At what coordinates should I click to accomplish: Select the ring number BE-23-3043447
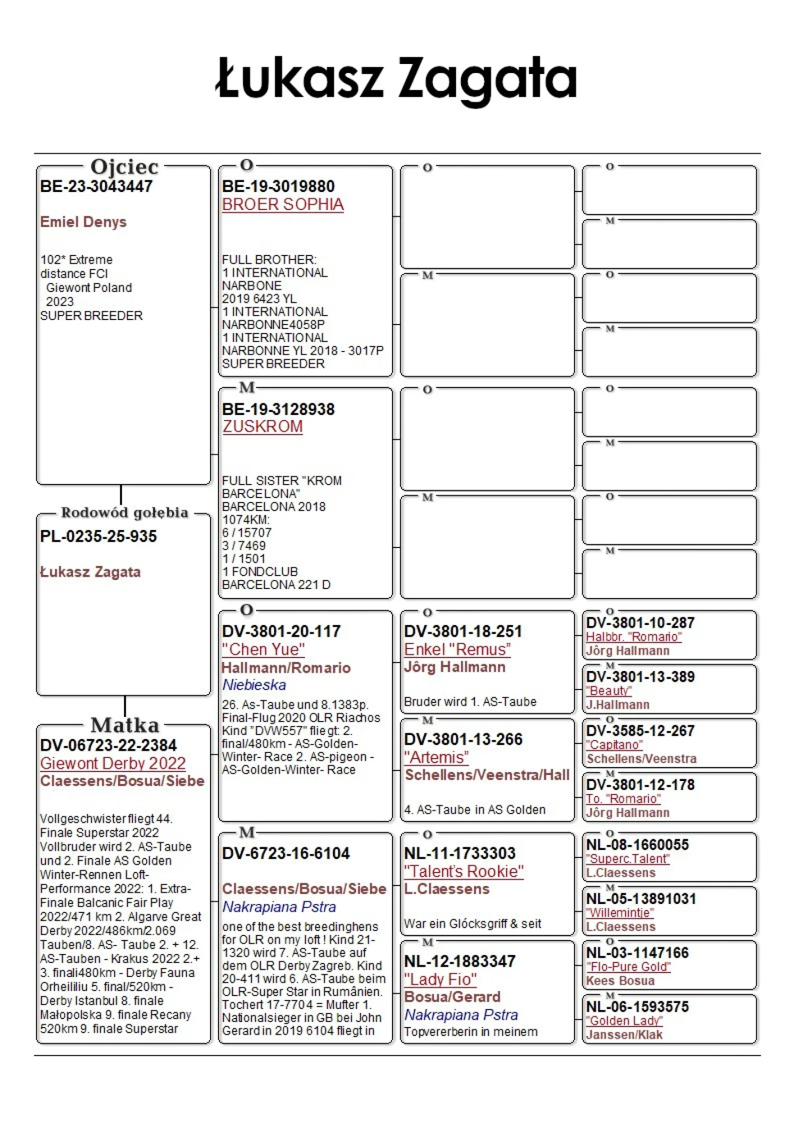pos(96,186)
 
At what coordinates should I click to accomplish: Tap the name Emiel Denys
pos(83,222)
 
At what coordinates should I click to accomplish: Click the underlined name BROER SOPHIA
pos(282,204)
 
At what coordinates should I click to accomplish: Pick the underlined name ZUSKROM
pos(262,427)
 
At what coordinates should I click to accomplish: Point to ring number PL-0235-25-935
pos(98,536)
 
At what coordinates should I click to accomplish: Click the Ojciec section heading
pos(124,167)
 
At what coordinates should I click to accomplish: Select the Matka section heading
pos(125,725)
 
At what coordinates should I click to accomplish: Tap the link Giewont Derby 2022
pos(113,763)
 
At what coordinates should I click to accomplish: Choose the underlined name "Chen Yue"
pos(263,649)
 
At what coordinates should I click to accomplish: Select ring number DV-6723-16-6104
pos(286,853)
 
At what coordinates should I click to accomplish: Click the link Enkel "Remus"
pos(457,649)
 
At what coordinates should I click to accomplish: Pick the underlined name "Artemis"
pos(436,757)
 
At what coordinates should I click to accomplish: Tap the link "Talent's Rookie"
pos(464,871)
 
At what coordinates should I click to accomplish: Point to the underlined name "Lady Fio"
pos(440,979)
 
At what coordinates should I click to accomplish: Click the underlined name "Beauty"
pos(609,691)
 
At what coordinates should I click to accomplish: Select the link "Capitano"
pos(614,745)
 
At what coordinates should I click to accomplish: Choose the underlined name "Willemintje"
pos(620,913)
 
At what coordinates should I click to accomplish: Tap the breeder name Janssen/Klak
pos(624,1035)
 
